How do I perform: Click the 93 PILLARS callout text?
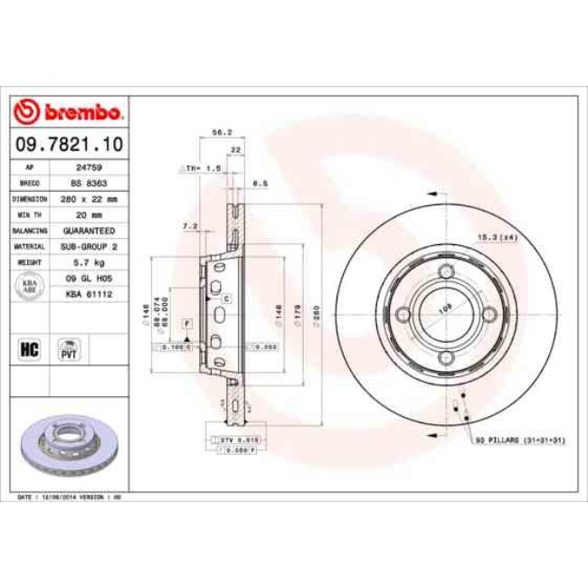click(x=519, y=441)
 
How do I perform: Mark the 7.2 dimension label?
click(x=189, y=225)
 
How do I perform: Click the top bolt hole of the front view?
click(x=445, y=274)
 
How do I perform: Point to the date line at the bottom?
click(x=70, y=498)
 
